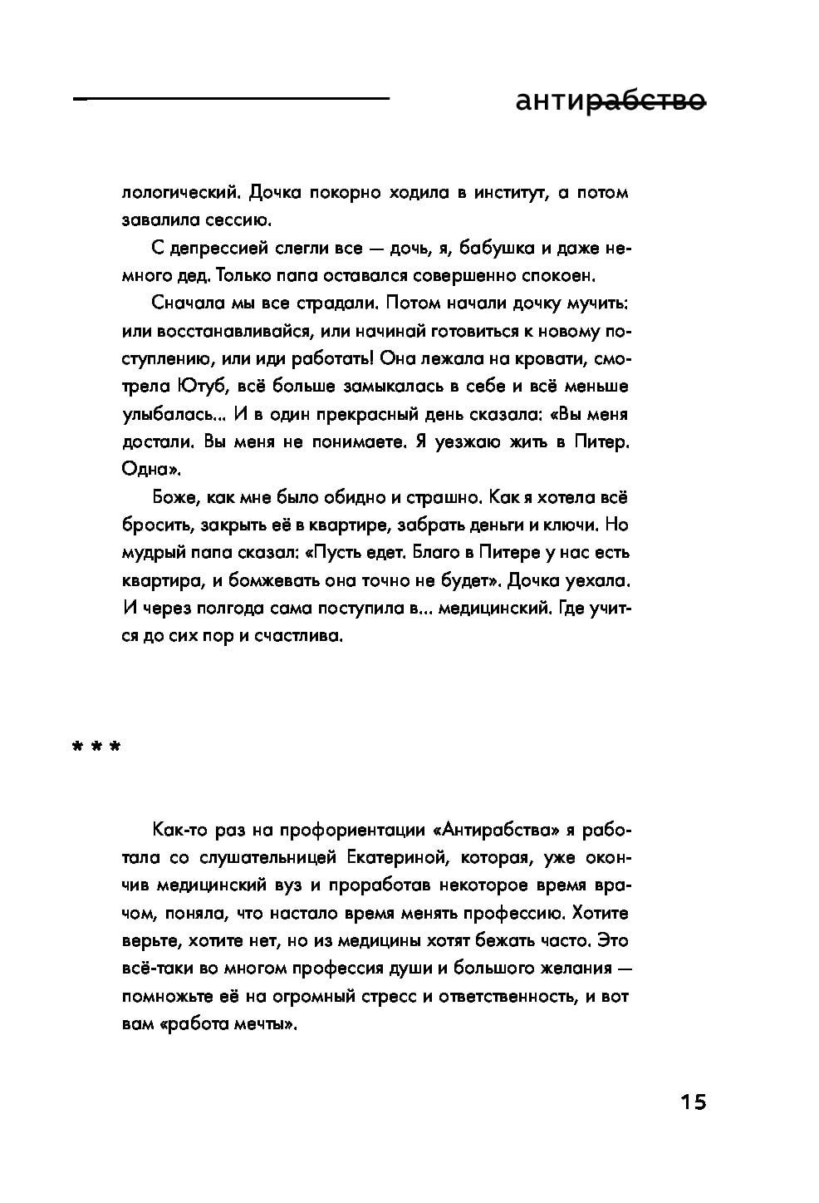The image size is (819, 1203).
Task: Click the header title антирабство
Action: pos(610,102)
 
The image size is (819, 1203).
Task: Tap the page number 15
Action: pos(693,1102)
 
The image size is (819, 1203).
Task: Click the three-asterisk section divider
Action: pos(96,747)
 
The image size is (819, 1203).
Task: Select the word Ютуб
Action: pos(201,387)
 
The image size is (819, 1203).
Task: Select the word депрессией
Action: pos(222,248)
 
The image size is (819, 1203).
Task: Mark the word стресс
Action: pos(385,995)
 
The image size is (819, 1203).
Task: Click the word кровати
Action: pos(552,359)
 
